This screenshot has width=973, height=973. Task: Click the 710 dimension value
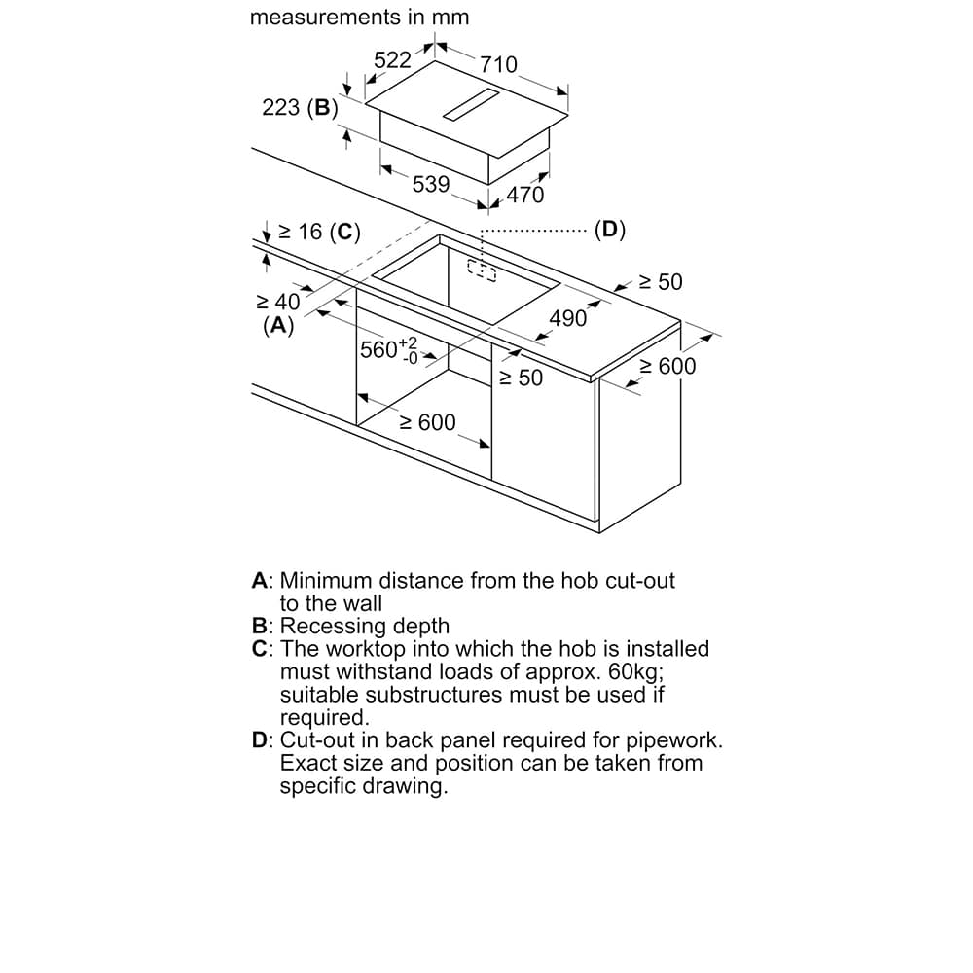pos(498,65)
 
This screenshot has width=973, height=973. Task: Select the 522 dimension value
pos(393,60)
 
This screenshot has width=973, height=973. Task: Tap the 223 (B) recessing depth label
pos(299,108)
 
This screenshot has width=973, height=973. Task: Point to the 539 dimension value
pos(430,184)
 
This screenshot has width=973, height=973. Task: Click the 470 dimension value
pos(525,195)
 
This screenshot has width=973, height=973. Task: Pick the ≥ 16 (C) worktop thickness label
pos(319,232)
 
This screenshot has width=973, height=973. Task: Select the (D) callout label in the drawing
pos(610,231)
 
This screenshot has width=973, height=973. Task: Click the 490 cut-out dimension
pos(568,318)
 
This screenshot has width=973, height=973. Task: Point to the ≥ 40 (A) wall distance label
pos(278,313)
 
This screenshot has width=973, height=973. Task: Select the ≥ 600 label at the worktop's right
pos(667,366)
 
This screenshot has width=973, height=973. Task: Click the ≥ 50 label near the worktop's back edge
pos(661,282)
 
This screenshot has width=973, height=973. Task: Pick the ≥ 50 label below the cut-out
pos(521,378)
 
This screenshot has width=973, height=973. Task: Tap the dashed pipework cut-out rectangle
pos(481,270)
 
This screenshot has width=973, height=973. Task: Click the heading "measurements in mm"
pos(359,18)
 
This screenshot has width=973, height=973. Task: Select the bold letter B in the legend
pos(260,626)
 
